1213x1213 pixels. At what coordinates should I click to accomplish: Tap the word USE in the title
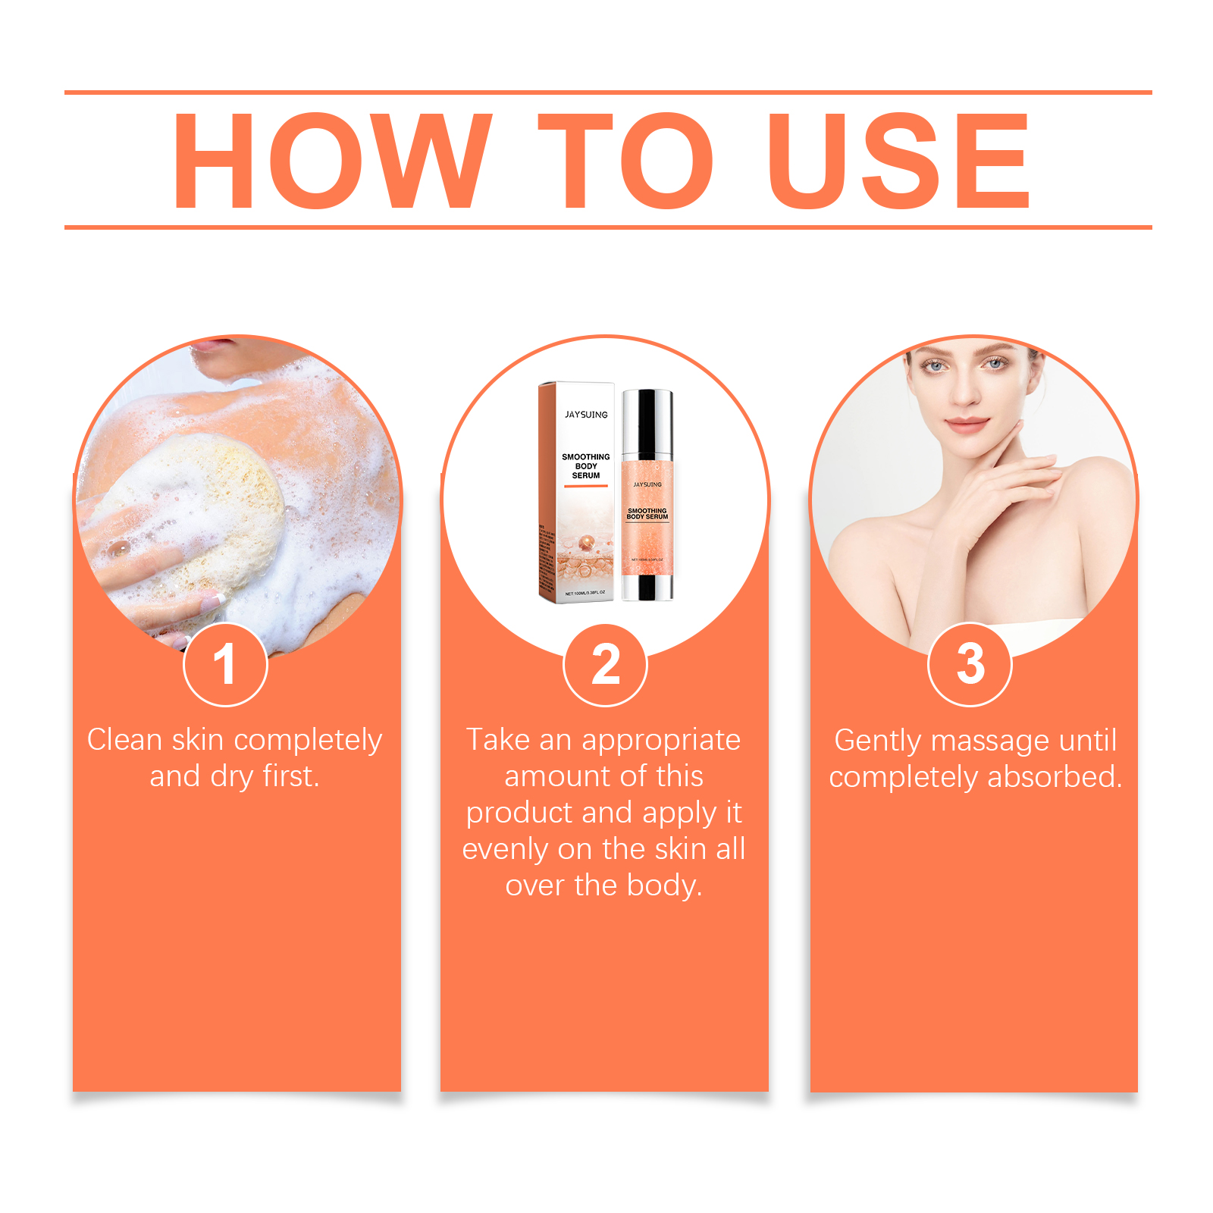[898, 161]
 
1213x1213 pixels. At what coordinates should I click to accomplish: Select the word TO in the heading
[626, 161]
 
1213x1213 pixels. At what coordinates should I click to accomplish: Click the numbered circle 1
[225, 665]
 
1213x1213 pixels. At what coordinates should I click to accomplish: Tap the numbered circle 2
[605, 665]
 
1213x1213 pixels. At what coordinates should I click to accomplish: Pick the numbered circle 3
[970, 665]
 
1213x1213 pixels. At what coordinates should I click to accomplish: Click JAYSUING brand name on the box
[586, 415]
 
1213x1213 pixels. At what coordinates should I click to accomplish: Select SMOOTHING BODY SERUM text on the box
[585, 466]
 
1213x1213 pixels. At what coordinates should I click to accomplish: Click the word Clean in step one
[124, 740]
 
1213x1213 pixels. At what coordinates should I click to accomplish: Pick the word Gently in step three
[877, 741]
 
